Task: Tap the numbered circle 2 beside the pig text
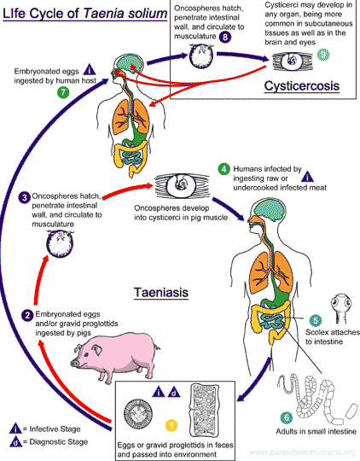pyautogui.click(x=29, y=316)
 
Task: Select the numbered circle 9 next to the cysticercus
pyautogui.click(x=322, y=55)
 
